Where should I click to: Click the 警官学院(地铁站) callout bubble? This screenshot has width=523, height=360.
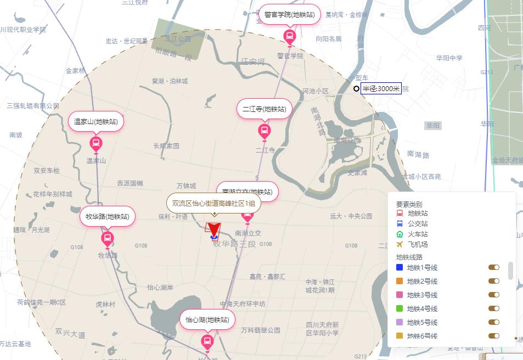point(289,15)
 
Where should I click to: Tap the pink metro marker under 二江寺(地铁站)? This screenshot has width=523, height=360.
point(265,131)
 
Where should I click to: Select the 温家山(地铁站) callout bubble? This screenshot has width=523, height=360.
point(96,122)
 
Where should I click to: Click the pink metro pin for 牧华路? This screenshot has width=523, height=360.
point(108,238)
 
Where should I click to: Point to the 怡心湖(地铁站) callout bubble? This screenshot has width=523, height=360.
point(207,320)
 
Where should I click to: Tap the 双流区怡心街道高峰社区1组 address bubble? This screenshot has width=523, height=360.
point(213,204)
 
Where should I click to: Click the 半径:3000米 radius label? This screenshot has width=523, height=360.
point(381,88)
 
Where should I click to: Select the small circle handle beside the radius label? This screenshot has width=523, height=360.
point(356,88)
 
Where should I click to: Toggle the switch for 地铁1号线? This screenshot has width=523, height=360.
point(494,267)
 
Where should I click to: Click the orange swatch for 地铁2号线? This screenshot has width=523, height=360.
point(400,282)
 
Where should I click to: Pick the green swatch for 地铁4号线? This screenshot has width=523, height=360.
point(400,309)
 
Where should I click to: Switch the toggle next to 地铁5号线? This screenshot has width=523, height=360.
point(494,322)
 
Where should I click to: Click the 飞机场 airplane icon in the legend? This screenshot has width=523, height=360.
point(400,244)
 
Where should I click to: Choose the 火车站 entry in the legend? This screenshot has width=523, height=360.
point(418,234)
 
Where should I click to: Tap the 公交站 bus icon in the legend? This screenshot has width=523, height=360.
point(400,223)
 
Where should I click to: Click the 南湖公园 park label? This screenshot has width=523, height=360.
point(347,140)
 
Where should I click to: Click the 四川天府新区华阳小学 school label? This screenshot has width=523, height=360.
point(322,329)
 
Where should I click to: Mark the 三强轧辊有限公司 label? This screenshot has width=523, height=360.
point(33,106)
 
